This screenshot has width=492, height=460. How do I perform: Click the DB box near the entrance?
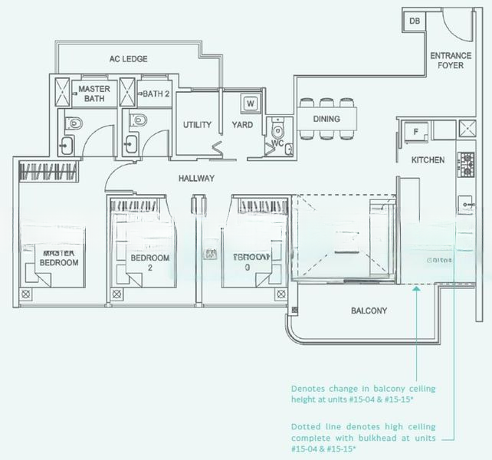coord(415,21)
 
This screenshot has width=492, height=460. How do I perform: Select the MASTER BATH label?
coord(95,94)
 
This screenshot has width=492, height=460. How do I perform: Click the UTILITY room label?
coord(197,125)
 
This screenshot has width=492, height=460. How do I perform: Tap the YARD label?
coord(243,125)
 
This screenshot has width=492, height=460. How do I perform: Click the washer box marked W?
coord(251,103)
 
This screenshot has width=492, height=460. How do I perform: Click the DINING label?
coord(326,119)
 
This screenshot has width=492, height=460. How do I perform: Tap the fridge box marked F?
coord(415,131)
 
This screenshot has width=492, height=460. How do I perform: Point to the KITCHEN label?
coord(428,160)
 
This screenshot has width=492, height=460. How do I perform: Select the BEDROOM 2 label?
coord(149,263)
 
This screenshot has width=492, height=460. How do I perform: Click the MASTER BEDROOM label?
coord(59,258)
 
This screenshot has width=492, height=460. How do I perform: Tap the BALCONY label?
coord(369,311)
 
